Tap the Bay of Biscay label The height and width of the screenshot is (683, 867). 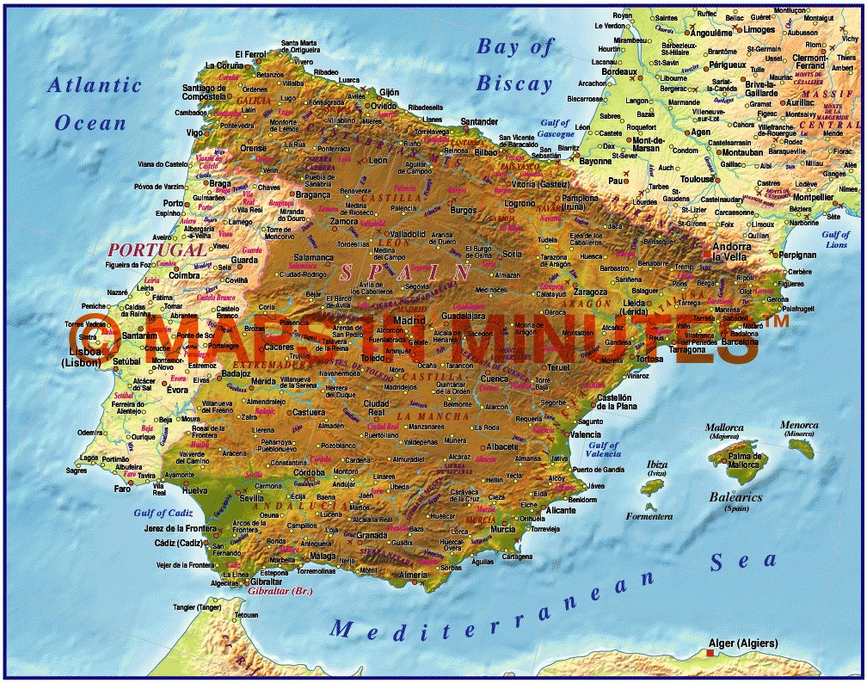tap(515, 65)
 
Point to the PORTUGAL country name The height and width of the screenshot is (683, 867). tap(157, 249)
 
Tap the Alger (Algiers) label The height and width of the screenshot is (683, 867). tap(742, 643)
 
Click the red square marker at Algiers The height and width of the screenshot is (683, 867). tap(710, 654)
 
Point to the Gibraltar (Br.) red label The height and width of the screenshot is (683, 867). tap(280, 592)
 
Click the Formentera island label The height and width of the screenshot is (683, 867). tap(649, 516)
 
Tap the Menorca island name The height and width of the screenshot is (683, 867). tap(799, 425)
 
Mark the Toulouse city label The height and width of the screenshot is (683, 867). tap(698, 179)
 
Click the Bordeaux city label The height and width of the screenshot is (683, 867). tap(619, 72)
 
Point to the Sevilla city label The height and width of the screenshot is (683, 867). tap(252, 497)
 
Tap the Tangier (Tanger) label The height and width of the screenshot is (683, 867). tap(197, 607)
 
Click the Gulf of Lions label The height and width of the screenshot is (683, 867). tap(835, 239)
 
